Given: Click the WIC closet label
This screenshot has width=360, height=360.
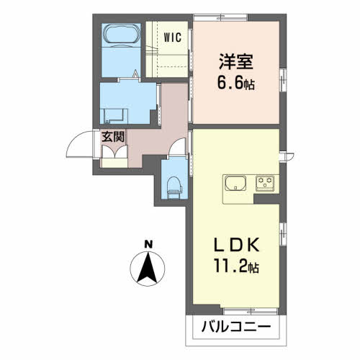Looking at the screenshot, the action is click(173, 37).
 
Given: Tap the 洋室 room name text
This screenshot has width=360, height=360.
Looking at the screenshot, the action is click(235, 61).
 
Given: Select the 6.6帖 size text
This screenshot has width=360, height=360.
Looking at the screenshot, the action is click(236, 83).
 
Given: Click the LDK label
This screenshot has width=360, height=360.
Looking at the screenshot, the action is click(237, 245).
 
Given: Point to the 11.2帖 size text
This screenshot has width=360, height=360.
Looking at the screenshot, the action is click(236, 266).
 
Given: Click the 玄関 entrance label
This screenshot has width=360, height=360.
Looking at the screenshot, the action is click(113, 137).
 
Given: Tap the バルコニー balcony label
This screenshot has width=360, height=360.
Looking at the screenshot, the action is click(236, 327).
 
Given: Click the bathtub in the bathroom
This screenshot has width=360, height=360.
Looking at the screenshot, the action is click(121, 34).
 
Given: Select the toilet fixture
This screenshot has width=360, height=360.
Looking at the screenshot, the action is click(174, 188).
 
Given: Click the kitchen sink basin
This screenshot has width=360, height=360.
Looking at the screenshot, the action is click(235, 184).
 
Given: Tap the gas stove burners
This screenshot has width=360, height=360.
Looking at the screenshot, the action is click(265, 183).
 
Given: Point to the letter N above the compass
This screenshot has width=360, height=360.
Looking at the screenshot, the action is click(148, 244).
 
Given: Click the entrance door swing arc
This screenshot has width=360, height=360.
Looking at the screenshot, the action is click(77, 139).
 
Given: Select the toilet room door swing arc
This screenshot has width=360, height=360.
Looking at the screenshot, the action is click(176, 145).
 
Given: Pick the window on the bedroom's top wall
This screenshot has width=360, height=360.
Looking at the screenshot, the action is click(220, 17).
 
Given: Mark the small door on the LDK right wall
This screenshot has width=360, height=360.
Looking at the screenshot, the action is click(287, 156).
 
